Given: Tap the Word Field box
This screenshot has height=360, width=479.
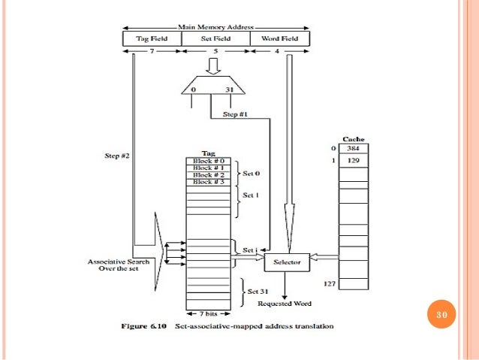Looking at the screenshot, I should click(279, 38).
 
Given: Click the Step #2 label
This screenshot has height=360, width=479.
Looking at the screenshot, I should click(118, 156).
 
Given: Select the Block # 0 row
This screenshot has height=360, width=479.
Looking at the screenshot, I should click(207, 162).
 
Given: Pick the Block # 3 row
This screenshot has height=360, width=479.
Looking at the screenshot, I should click(207, 183).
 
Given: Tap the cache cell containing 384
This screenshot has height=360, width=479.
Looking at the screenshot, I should click(353, 149).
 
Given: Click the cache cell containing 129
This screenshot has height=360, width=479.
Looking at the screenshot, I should click(353, 161).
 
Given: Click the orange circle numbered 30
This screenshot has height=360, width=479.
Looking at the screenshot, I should click(441, 313).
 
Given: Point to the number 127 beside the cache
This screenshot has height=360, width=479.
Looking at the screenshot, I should click(327, 284).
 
